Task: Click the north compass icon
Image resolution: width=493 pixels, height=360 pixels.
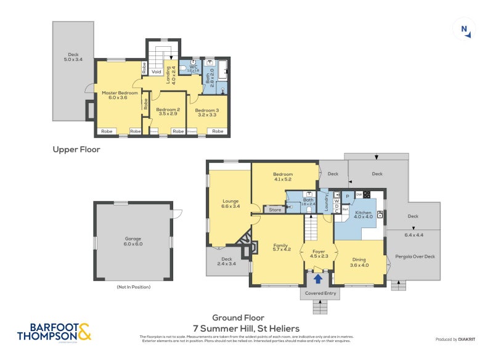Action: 463,30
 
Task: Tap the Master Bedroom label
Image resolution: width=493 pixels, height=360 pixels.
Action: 115,95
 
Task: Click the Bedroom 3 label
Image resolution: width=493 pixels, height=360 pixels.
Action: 208,112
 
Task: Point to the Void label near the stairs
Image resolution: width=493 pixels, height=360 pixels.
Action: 157,72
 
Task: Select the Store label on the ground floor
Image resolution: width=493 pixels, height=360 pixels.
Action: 275,210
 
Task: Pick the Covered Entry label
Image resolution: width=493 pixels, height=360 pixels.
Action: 322,293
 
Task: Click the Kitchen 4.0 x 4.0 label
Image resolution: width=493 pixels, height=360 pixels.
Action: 364,214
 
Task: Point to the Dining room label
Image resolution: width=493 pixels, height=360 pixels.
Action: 359,263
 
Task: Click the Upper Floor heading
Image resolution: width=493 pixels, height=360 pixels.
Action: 76,149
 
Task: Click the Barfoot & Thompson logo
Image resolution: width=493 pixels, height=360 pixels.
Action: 54,332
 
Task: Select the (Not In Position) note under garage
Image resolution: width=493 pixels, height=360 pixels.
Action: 134,287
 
